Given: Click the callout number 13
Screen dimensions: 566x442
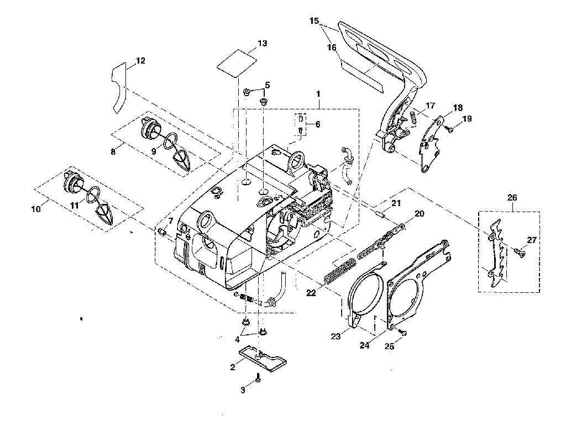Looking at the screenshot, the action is click(x=263, y=43).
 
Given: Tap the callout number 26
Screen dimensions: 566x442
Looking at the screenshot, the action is click(x=512, y=197).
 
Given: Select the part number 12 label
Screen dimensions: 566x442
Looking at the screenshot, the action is click(x=140, y=61).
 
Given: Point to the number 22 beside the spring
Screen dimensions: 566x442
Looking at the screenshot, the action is click(x=311, y=293).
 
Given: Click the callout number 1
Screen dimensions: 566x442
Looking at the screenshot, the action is click(x=318, y=93).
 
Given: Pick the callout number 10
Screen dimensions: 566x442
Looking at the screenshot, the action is click(x=36, y=209).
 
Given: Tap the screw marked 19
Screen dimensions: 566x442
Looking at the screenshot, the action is click(x=450, y=129).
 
